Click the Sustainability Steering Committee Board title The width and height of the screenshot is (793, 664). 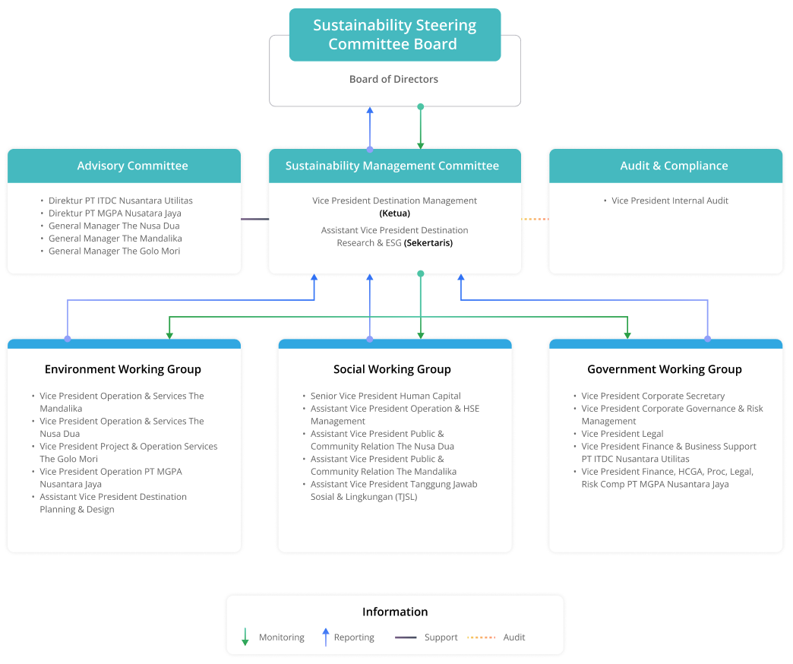tap(394, 35)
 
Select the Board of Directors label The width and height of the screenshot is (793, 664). tap(393, 79)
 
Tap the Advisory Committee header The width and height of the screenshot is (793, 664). tap(132, 166)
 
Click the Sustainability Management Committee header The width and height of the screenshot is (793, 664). tap(392, 166)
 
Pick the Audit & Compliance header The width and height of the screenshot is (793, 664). tap(674, 166)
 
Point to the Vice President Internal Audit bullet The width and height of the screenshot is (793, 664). tap(669, 201)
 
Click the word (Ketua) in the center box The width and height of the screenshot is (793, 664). tap(394, 213)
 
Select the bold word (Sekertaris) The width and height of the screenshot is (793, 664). tap(428, 243)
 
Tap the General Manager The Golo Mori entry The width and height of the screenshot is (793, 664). tap(114, 251)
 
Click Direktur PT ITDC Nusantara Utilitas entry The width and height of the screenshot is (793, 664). tap(120, 201)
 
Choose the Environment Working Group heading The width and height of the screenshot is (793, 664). tap(123, 369)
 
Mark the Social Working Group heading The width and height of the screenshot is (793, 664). tap(392, 369)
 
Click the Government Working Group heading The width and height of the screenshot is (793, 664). tap(664, 369)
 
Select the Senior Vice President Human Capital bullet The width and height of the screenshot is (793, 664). tap(385, 396)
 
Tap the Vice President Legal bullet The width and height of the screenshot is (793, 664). tap(622, 434)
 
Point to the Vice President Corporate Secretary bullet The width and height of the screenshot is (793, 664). tap(652, 396)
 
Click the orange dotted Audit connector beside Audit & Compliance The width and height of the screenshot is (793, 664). tap(535, 219)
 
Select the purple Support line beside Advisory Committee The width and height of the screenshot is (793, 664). tap(254, 219)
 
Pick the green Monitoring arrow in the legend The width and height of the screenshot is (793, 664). tap(245, 637)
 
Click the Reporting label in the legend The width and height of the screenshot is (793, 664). tap(353, 637)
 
